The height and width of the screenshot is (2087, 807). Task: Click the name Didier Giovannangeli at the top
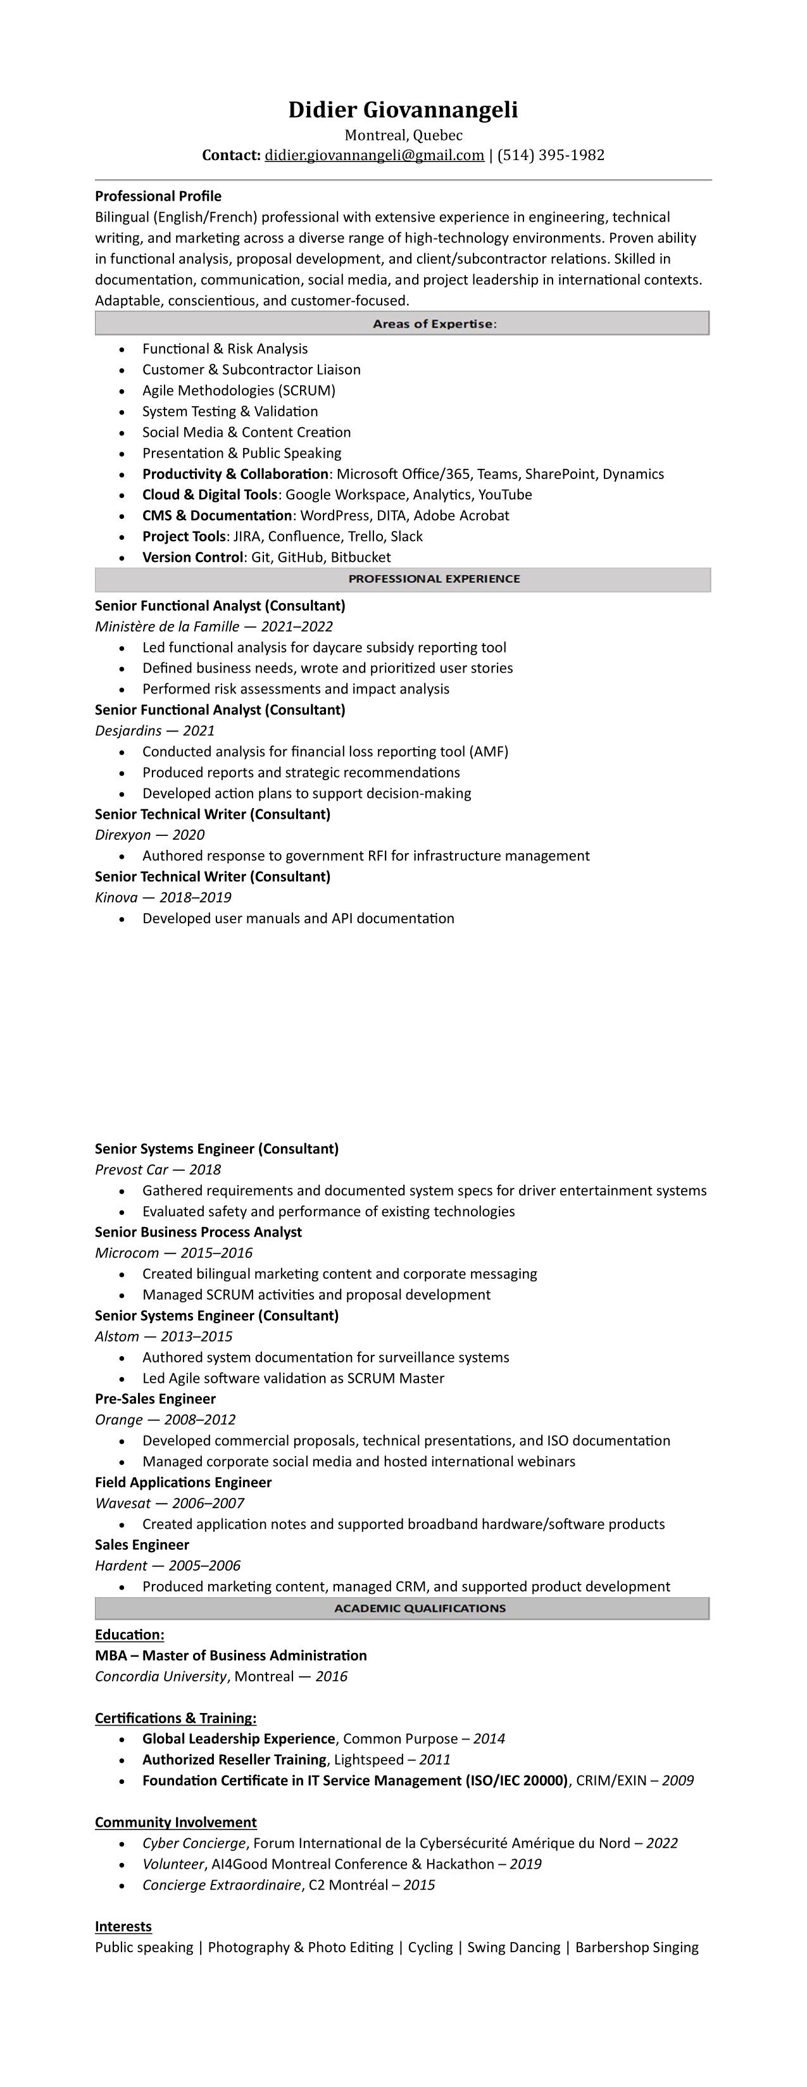point(403,110)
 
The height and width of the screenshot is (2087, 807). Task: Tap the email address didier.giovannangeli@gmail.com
point(374,156)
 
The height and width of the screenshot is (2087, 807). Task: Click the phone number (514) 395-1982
point(551,156)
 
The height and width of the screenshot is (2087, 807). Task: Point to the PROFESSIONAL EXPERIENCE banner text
point(434,579)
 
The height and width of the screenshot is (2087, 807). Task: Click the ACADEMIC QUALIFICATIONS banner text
point(420,1608)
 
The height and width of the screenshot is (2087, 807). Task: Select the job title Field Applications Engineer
point(183,1483)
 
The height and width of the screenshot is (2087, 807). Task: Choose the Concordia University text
point(160,1676)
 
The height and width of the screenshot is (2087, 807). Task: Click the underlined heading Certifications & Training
point(175,1718)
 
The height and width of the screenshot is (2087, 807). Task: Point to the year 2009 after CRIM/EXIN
point(677,1781)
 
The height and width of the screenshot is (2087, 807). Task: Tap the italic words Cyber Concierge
point(194,1844)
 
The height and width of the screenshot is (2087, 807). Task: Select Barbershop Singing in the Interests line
point(636,1948)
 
